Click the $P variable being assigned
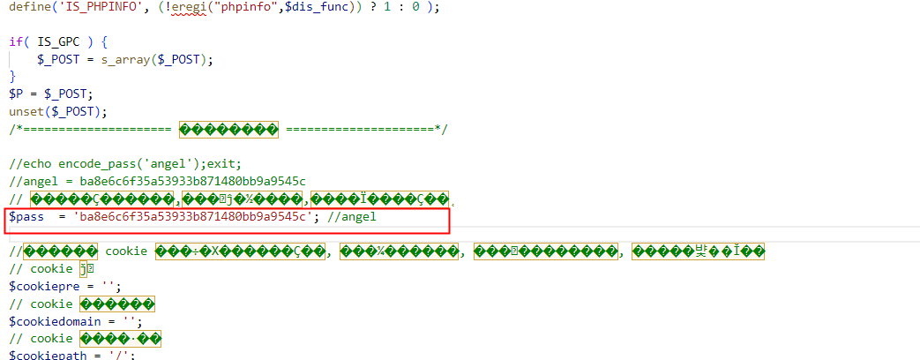click(16, 94)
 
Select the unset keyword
click(26, 111)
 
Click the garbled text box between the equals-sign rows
click(228, 129)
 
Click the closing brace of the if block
click(12, 77)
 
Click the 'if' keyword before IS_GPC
click(16, 41)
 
